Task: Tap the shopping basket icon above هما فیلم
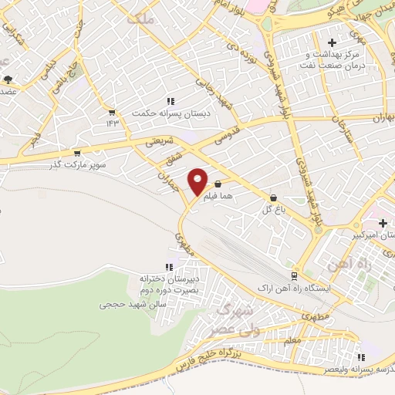(x=218, y=184)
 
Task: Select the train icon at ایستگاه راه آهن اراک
(x=294, y=275)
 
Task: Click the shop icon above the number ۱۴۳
(x=113, y=111)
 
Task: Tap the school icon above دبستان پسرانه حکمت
(x=170, y=101)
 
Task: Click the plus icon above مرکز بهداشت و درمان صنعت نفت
(x=333, y=42)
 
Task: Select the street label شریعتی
(x=161, y=141)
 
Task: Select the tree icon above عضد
(x=8, y=79)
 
